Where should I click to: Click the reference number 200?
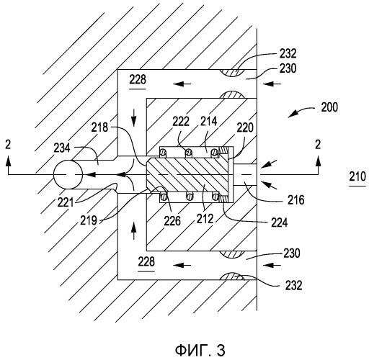(x=329, y=107)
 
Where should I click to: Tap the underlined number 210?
(x=357, y=176)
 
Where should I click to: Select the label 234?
(x=62, y=148)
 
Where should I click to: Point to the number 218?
(x=99, y=127)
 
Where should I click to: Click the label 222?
(x=181, y=122)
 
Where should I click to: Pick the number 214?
(x=209, y=122)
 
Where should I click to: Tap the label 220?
(x=245, y=127)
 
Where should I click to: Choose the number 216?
(x=296, y=199)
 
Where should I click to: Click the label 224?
(x=280, y=222)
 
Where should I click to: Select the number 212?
(x=205, y=219)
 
